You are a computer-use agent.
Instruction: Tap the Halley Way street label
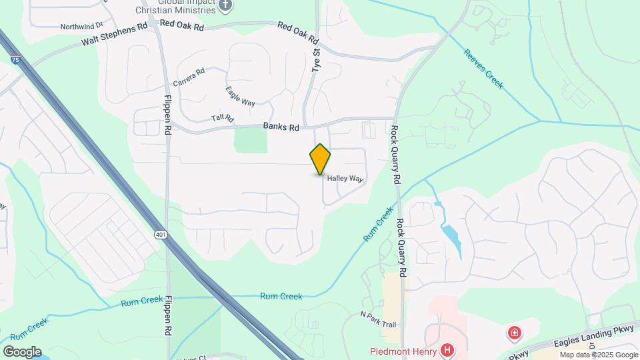pyautogui.click(x=345, y=179)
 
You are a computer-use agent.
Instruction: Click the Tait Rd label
pyautogui.click(x=223, y=119)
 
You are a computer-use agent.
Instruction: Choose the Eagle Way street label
pyautogui.click(x=240, y=97)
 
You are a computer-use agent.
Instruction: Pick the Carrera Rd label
pyautogui.click(x=189, y=77)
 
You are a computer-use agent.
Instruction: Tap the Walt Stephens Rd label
pyautogui.click(x=114, y=35)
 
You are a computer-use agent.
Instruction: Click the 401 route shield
pyautogui.click(x=160, y=235)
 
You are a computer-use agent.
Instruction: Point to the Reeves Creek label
pyautogui.click(x=483, y=69)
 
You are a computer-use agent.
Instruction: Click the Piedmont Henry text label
pyautogui.click(x=403, y=351)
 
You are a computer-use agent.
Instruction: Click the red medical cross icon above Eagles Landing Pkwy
pyautogui.click(x=514, y=333)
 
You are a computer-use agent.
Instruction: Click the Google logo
pyautogui.click(x=22, y=351)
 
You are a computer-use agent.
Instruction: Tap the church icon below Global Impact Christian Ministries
pyautogui.click(x=225, y=6)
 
